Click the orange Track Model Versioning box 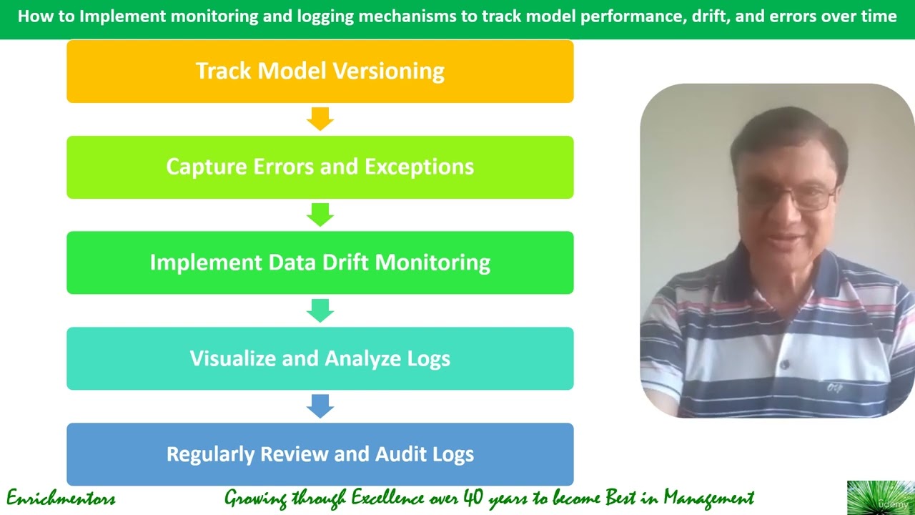320,71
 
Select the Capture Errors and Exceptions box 320,167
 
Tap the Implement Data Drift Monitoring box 320,263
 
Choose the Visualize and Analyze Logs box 320,358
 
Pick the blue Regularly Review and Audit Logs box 320,454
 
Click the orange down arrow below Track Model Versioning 320,119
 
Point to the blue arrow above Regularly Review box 320,406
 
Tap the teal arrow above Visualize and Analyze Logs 320,310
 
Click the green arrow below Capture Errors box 320,215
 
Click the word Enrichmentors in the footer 61,499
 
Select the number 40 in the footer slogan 473,498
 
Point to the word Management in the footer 708,499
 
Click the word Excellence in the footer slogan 387,498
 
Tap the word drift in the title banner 710,16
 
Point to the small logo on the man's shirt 834,387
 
